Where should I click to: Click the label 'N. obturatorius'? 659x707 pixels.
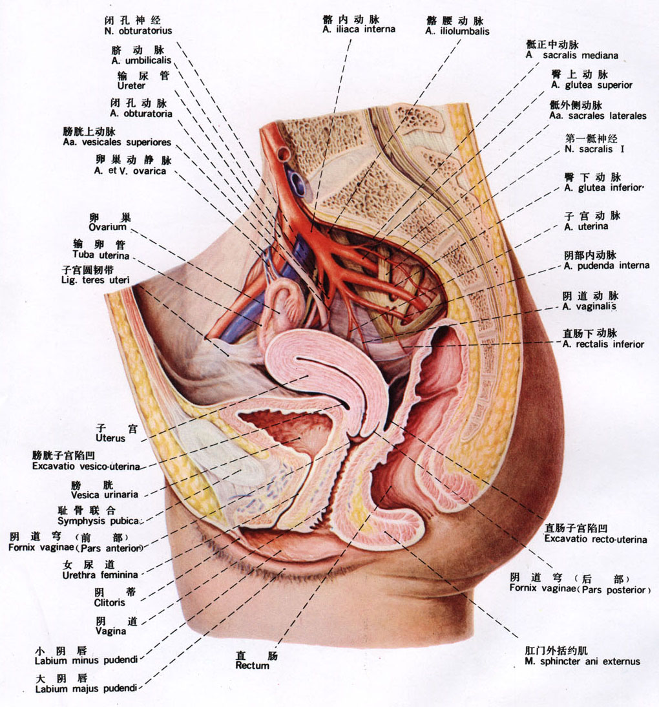click(138, 31)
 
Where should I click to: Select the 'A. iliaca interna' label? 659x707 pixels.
click(359, 29)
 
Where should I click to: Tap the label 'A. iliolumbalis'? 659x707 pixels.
click(457, 31)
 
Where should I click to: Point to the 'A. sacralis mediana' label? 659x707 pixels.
click(572, 56)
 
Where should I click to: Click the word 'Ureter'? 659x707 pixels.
click(131, 86)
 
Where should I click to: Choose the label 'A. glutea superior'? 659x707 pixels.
click(591, 85)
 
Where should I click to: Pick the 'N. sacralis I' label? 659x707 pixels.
click(594, 149)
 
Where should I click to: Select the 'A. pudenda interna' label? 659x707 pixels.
click(607, 266)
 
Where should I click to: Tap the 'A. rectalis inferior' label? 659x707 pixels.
click(603, 344)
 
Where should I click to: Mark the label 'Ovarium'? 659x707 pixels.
click(107, 227)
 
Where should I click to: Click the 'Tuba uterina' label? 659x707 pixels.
click(101, 255)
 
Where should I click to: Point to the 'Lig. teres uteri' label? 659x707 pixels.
click(95, 280)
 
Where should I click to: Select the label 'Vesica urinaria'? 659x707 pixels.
click(105, 494)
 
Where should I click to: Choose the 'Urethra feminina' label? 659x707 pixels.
click(100, 575)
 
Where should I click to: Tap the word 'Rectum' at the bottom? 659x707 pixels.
click(252, 665)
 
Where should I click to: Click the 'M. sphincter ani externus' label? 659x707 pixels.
click(582, 662)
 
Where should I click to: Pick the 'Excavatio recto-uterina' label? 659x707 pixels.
click(596, 539)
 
